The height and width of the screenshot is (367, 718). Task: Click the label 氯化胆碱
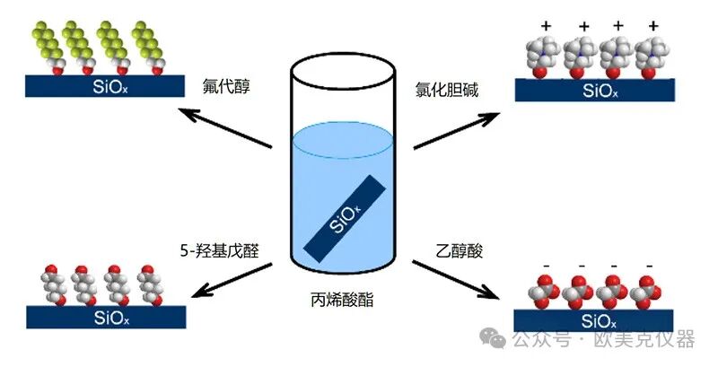446,88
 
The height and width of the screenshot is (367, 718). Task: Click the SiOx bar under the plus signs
596,90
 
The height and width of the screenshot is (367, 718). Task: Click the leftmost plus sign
546,27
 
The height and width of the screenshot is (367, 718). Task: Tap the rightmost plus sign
652,27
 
